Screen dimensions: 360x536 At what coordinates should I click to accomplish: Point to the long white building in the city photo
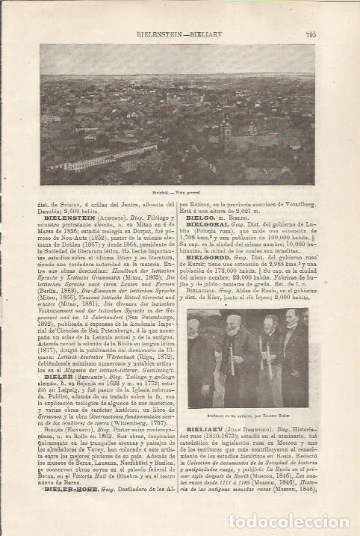pos(105,158)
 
